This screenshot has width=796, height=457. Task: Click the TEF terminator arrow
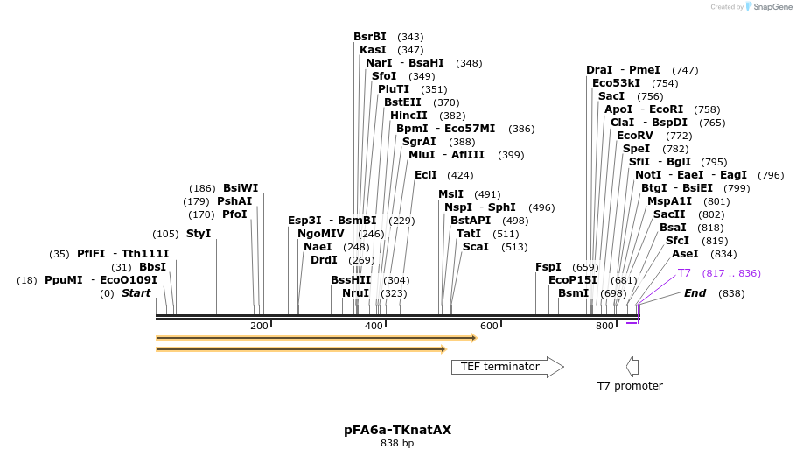coord(506,367)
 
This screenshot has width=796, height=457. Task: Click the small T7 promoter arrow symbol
coord(632,367)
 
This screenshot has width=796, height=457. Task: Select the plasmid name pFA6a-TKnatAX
coord(398,430)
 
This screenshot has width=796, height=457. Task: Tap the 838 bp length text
coord(397,444)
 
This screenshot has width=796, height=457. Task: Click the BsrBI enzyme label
coord(369,37)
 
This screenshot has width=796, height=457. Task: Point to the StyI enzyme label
coord(199,234)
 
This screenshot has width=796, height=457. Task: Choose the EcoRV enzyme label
coord(635,136)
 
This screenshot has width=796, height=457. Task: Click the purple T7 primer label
coord(684,273)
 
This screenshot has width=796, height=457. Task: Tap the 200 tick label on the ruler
coord(259,327)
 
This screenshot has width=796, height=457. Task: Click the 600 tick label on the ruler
coord(489,327)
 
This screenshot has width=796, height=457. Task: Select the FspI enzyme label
coord(548,267)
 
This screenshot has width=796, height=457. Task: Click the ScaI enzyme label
coord(476,247)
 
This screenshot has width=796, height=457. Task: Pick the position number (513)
coord(514,247)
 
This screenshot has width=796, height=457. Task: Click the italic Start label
coord(136,293)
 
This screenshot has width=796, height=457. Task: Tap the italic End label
coord(695,293)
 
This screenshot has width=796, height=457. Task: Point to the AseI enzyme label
coord(685,254)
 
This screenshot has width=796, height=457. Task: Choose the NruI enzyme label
coord(356,293)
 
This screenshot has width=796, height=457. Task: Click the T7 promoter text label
coord(630,386)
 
